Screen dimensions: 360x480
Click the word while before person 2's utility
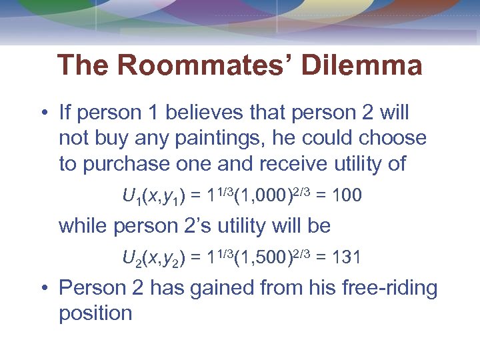[83, 226]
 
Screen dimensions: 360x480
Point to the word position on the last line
[95, 313]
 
